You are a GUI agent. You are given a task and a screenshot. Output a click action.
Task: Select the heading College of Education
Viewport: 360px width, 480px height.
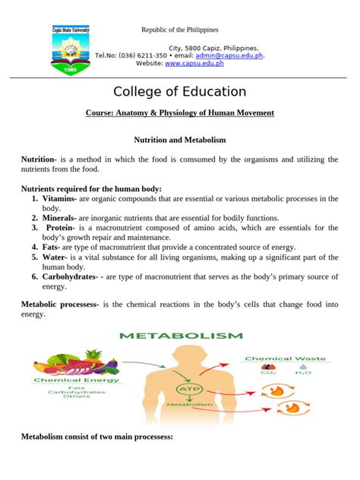pos(179,92)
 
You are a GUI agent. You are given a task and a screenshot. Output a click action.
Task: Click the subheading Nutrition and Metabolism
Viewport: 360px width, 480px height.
pos(179,141)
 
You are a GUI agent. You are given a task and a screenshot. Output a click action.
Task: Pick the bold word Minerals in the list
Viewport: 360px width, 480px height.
pos(58,218)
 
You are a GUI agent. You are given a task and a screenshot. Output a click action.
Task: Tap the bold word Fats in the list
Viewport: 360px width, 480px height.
pos(51,247)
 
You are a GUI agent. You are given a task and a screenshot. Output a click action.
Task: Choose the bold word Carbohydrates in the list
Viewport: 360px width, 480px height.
pos(73,277)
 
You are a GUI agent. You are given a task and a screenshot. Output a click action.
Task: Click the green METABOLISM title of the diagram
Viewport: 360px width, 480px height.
pos(180,335)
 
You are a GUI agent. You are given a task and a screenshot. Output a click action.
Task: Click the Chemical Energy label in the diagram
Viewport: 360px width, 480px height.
pos(67,381)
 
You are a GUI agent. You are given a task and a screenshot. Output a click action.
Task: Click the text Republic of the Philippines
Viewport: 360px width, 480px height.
pos(180,30)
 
